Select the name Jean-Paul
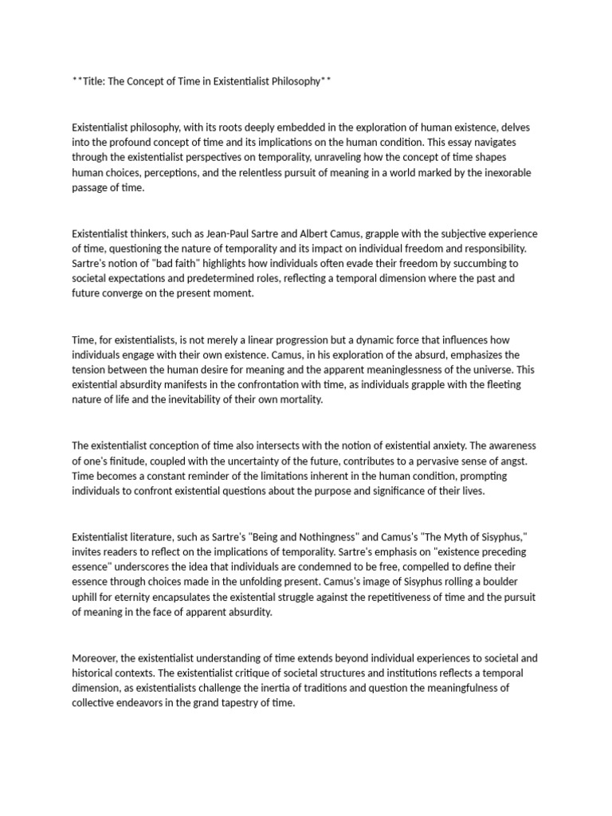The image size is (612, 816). pos(226,233)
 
